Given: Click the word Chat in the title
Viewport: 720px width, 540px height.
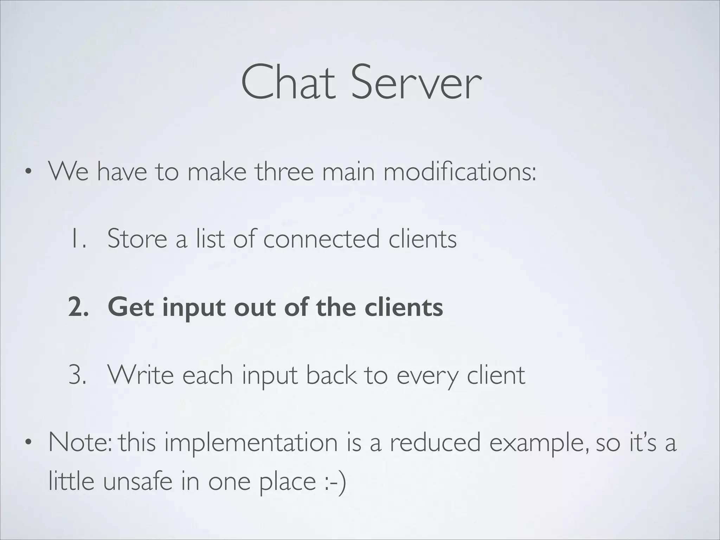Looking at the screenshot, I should point(288,83).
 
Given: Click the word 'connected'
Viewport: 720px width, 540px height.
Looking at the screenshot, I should point(322,238).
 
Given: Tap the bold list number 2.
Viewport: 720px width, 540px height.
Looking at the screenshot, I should point(78,307).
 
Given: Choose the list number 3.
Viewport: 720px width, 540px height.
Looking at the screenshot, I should point(78,375).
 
